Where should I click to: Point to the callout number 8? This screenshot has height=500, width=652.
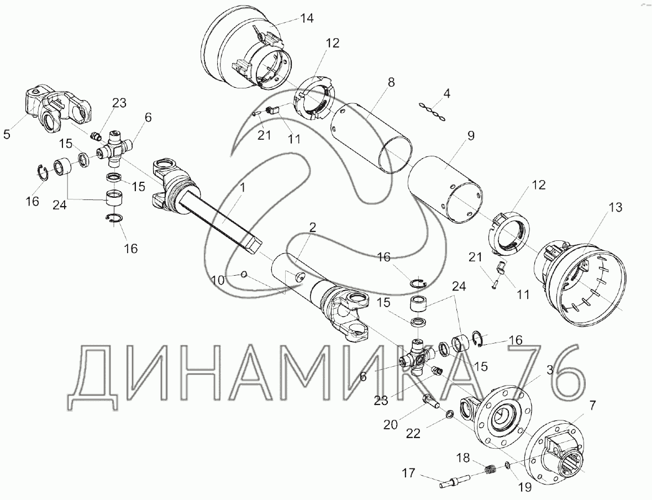coord(391,81)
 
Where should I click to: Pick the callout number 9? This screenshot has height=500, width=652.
coord(470,135)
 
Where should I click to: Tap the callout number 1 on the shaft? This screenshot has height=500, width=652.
coord(243,187)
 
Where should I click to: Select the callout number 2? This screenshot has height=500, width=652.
coord(312,228)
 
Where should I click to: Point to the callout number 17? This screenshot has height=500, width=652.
coord(409,472)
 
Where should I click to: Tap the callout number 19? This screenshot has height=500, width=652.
coord(525,486)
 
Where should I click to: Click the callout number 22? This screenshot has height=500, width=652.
coord(413,433)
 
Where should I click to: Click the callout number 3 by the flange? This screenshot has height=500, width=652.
coord(550,370)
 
